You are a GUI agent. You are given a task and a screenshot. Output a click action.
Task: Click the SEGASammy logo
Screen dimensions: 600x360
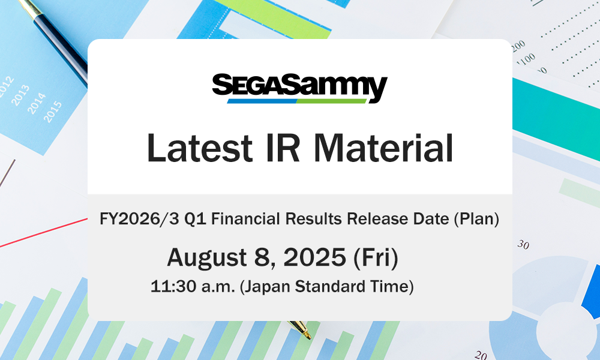click(x=300, y=88)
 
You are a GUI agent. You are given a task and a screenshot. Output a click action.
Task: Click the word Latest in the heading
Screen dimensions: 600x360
click(x=199, y=148)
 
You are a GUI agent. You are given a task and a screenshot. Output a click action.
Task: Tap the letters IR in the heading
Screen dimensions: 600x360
click(x=283, y=148)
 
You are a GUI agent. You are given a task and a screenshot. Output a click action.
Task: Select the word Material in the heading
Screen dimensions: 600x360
click(x=383, y=148)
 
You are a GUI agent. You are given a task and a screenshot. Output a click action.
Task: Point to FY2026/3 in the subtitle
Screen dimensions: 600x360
click(x=139, y=219)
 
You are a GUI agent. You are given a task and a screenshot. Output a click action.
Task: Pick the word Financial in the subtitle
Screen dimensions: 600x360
click(x=245, y=218)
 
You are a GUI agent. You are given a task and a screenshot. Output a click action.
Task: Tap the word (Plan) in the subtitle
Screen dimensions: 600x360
click(x=476, y=219)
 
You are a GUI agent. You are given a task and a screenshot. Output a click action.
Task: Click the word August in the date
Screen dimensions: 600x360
click(x=207, y=257)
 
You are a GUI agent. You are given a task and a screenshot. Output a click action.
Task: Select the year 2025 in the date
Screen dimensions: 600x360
click(x=314, y=257)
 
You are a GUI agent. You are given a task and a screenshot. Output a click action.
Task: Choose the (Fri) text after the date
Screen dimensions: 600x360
click(x=376, y=257)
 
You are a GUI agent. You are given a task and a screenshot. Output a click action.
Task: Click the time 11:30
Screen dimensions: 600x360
click(x=173, y=286)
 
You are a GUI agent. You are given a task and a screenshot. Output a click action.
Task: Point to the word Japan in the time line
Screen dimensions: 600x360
click(x=267, y=287)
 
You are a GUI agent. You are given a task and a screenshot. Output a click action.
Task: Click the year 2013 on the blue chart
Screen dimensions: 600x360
click(x=20, y=95)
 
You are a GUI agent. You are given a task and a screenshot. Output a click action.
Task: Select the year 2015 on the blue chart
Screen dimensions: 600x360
click(x=53, y=112)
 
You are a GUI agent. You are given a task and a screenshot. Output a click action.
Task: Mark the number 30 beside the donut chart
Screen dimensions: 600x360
click(x=523, y=244)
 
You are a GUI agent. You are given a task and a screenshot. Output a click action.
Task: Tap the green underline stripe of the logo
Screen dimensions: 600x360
click(x=331, y=101)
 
